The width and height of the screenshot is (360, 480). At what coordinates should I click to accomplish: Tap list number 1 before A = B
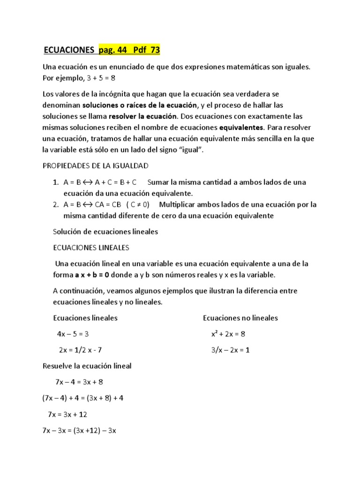click(56, 182)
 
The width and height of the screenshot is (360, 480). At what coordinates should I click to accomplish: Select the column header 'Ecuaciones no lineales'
click(240, 318)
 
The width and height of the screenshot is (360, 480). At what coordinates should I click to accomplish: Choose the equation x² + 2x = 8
click(228, 334)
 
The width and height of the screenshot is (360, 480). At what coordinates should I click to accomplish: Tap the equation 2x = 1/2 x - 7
click(80, 350)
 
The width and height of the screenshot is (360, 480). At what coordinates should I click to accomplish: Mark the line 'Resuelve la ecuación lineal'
click(87, 366)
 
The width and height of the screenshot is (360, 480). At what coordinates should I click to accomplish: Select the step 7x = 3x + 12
click(67, 414)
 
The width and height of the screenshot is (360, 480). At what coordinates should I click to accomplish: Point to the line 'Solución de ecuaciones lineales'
click(105, 232)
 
